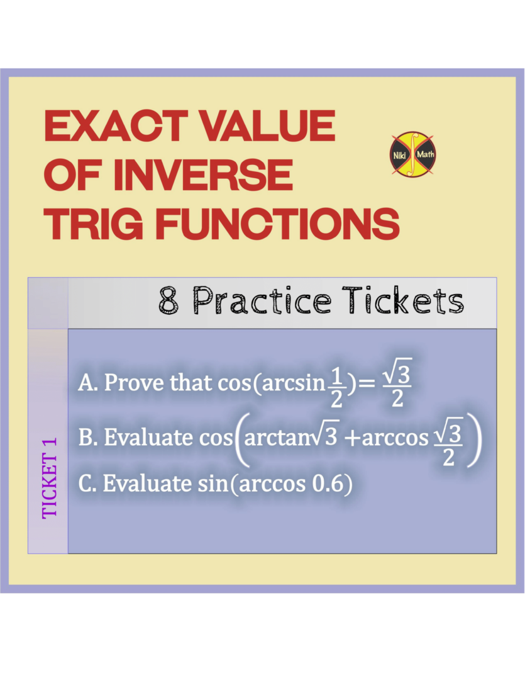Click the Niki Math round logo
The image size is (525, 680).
[413, 154]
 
